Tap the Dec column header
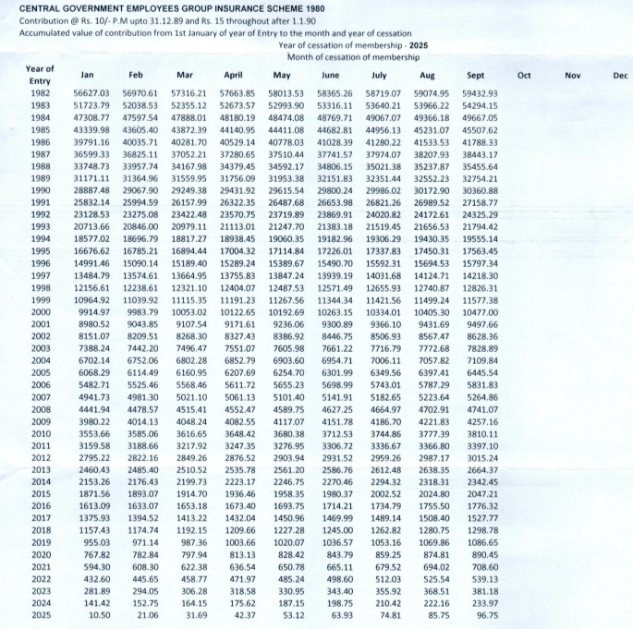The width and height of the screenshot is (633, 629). (x=619, y=74)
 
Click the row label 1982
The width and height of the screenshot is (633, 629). (x=40, y=93)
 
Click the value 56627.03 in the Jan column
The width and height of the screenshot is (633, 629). (x=91, y=93)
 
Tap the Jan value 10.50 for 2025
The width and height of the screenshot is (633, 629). (x=100, y=613)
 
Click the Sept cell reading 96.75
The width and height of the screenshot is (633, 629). (x=487, y=613)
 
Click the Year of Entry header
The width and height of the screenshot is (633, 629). (x=39, y=75)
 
